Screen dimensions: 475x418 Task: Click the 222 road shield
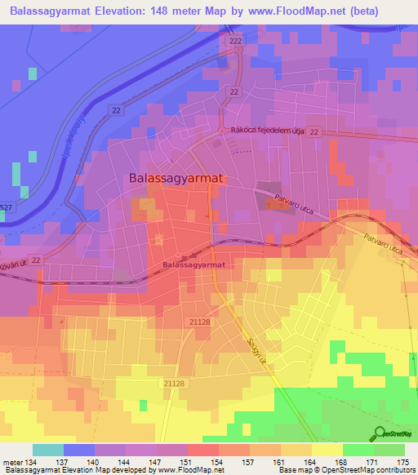pos(236,41)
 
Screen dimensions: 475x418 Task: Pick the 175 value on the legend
pos(404,461)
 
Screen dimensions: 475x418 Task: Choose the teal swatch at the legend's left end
pos(47,450)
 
